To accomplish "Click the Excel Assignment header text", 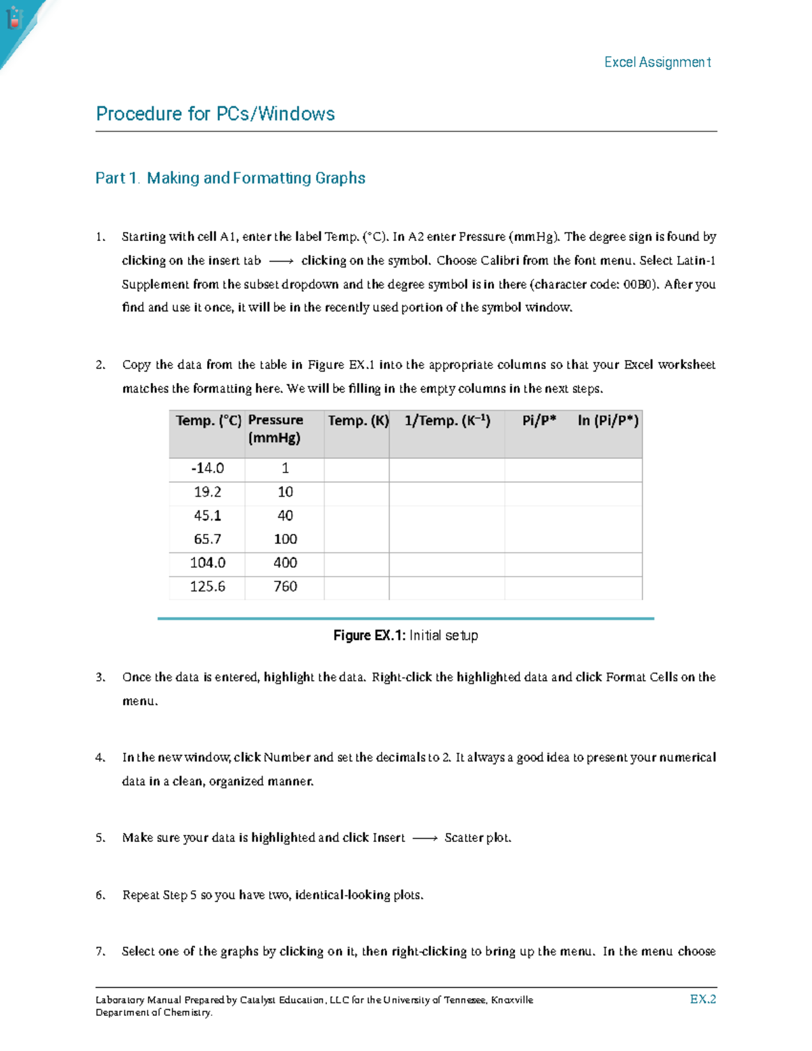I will pos(657,62).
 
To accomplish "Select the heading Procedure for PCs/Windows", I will pos(215,114).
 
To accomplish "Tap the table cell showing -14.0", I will pos(207,468).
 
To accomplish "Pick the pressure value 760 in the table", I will pos(285,587).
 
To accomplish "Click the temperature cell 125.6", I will pos(207,587).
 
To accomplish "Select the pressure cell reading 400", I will pos(285,563).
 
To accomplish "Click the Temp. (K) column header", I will pos(358,421).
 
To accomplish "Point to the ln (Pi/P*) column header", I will pos(608,421).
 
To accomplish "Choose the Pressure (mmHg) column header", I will pos(275,429).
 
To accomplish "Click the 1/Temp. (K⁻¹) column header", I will pos(447,421).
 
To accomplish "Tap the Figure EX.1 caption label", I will pos(369,635).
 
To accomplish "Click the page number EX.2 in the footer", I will pos(703,1000).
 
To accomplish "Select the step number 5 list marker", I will pos(100,838).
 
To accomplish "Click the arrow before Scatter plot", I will pos(425,838).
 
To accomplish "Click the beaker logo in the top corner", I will pos(14,18).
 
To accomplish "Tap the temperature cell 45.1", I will pos(207,516).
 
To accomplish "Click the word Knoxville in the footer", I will pos(512,1000).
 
